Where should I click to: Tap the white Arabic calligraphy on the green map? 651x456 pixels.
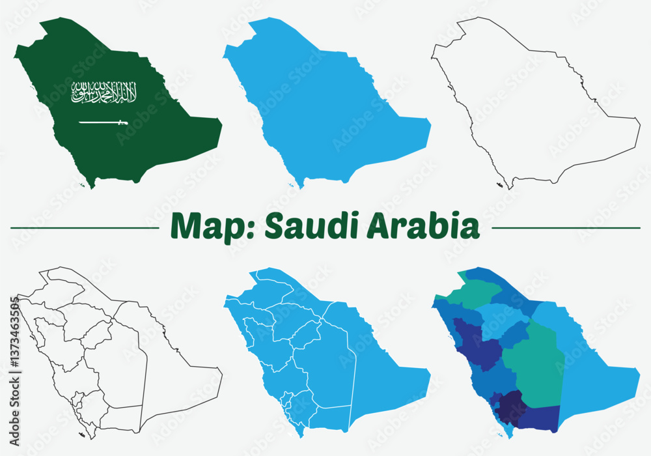coord(104,93)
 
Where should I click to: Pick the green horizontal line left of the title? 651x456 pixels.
coord(85,228)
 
